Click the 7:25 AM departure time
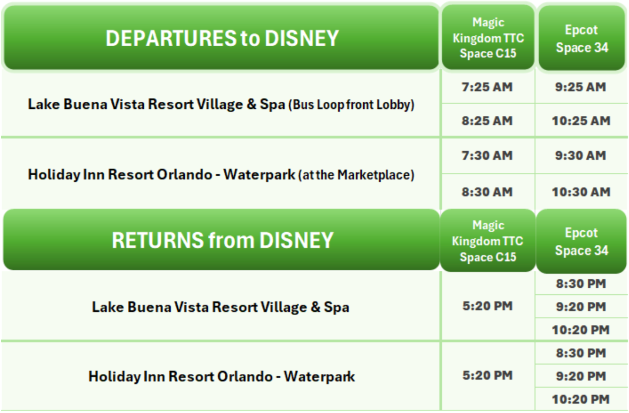487,87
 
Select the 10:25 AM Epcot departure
581,121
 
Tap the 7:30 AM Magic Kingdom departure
487,155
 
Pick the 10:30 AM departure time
581,192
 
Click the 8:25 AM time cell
487,121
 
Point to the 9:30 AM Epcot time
580,155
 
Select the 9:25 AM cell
580,87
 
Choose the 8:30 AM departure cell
487,192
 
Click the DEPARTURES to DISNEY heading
222,38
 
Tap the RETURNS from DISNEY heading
222,240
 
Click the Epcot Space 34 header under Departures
581,38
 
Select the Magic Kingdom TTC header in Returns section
488,241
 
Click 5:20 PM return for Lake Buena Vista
487,306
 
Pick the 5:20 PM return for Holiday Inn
487,375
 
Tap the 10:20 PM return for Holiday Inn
581,399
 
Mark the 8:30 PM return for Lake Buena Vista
581,284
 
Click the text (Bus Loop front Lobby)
351,105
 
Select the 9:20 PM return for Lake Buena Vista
581,307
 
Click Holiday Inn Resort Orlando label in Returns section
222,377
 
